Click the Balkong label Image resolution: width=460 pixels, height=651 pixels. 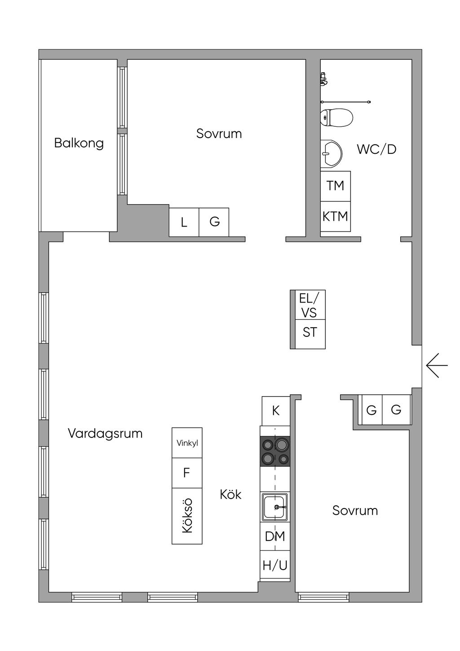tap(79, 143)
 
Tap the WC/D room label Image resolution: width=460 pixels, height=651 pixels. tap(376, 149)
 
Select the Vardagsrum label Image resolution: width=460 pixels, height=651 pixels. tap(105, 433)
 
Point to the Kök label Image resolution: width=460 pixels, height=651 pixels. tap(230, 495)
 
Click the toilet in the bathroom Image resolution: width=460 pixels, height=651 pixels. tap(336, 117)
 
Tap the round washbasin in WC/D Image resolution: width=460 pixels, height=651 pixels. tap(331, 153)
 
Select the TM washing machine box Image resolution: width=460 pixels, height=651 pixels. tap(335, 185)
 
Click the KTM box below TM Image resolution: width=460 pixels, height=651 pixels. tap(335, 216)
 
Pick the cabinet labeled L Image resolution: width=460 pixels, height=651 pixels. tap(184, 222)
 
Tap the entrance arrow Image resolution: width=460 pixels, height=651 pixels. tap(437, 365)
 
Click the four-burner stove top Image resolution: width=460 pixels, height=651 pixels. tap(275, 451)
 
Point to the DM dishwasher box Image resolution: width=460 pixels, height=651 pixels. tap(275, 536)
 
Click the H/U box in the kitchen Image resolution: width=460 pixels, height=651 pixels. tap(275, 565)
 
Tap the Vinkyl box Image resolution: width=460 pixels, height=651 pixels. tap(187, 443)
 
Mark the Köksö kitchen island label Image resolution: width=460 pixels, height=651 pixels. tap(187, 516)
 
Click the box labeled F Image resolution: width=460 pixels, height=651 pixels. tap(187, 473)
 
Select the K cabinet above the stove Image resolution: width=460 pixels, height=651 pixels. tap(276, 410)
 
